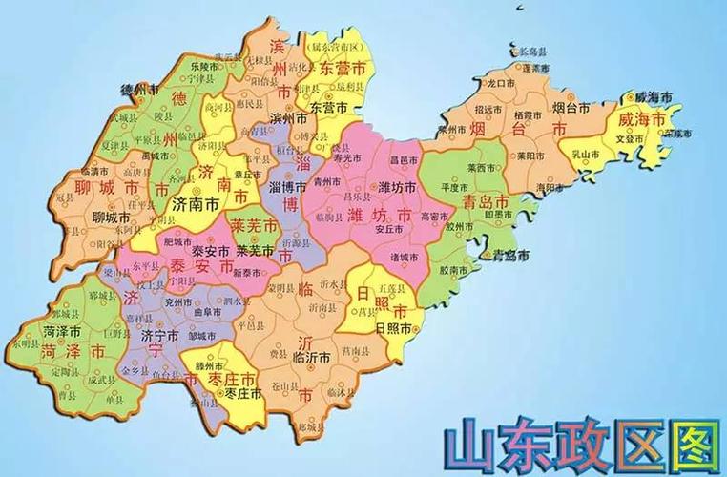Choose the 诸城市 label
[404, 257]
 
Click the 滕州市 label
[207, 366]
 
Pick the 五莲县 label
[390, 287]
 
